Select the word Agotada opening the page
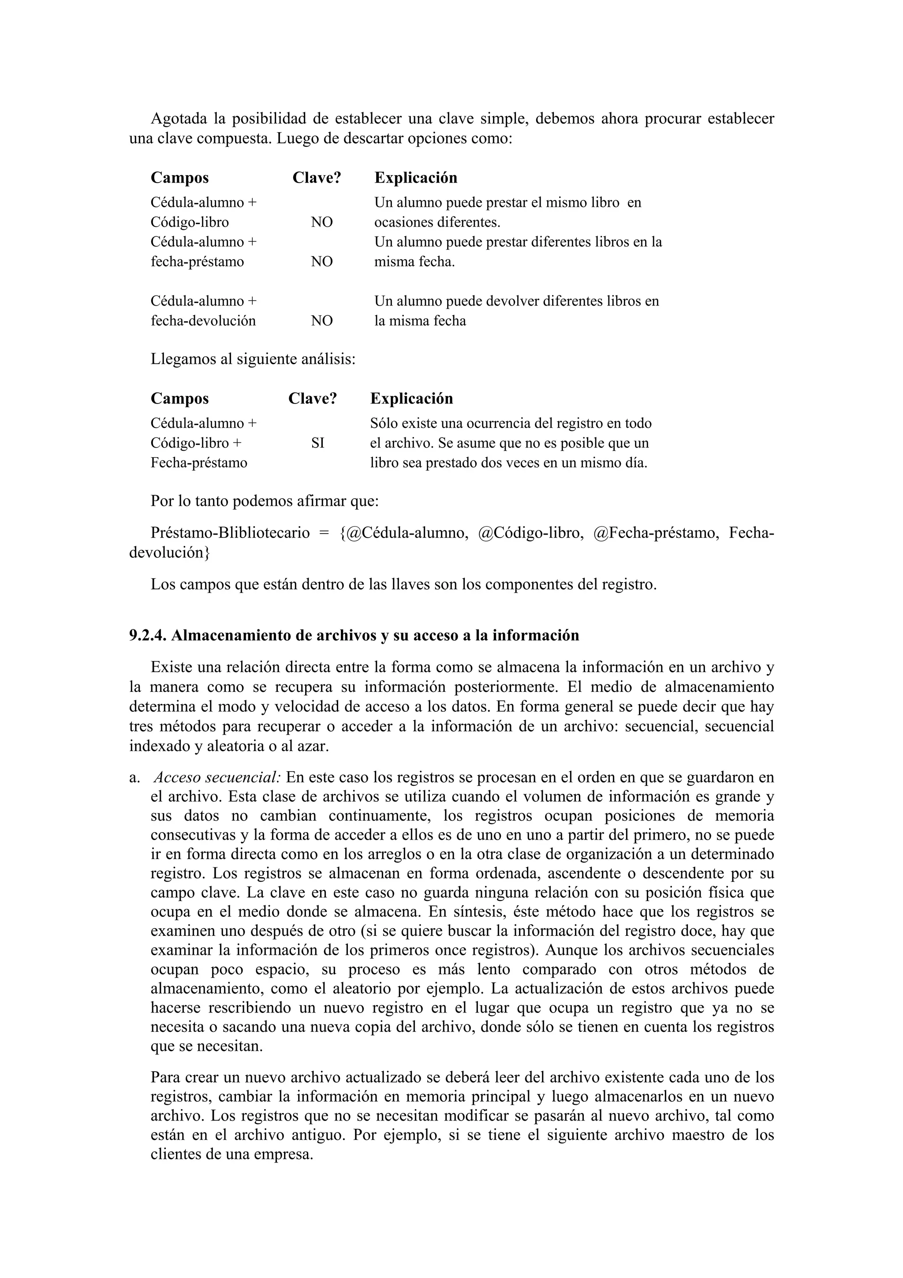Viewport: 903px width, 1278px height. (179, 119)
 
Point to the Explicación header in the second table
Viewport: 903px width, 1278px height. (411, 399)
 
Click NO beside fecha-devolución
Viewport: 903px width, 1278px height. (321, 321)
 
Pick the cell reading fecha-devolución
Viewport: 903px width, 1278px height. (203, 321)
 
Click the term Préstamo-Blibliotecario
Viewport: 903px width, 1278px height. (230, 533)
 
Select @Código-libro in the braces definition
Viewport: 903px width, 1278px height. (530, 533)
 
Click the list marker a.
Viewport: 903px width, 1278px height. (134, 777)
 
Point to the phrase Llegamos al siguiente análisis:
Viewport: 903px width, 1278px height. (253, 359)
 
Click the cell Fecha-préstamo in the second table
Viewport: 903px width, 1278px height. (198, 463)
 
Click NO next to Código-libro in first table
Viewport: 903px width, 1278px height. (321, 222)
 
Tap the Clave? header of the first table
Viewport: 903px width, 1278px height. (317, 178)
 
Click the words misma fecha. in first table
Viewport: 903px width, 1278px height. (414, 262)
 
